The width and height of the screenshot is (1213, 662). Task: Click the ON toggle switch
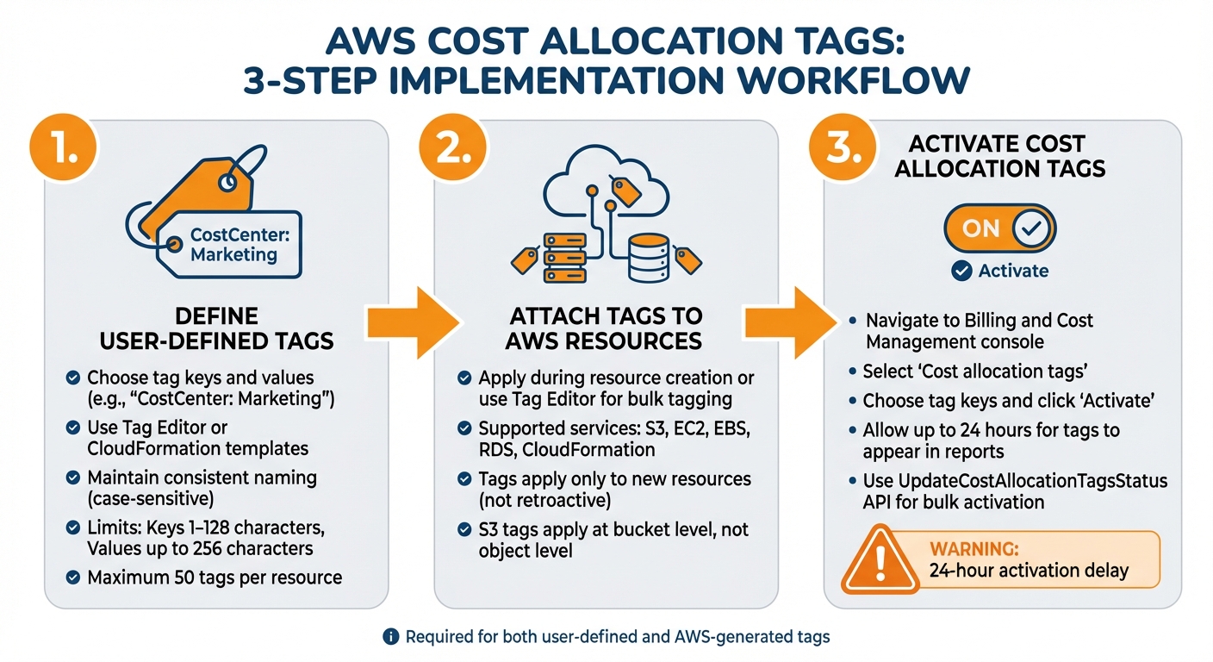click(x=999, y=228)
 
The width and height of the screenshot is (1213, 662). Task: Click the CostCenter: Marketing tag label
click(x=233, y=245)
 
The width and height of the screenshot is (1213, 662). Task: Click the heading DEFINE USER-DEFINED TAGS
click(x=216, y=328)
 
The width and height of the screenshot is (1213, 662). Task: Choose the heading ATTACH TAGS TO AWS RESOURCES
click(x=604, y=328)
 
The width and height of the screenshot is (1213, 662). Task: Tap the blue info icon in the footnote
click(x=391, y=637)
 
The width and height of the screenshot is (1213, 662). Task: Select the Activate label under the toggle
click(x=1013, y=271)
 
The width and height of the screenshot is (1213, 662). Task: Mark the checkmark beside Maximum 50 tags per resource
click(x=74, y=577)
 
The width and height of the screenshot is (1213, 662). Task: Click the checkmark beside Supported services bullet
click(x=464, y=428)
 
